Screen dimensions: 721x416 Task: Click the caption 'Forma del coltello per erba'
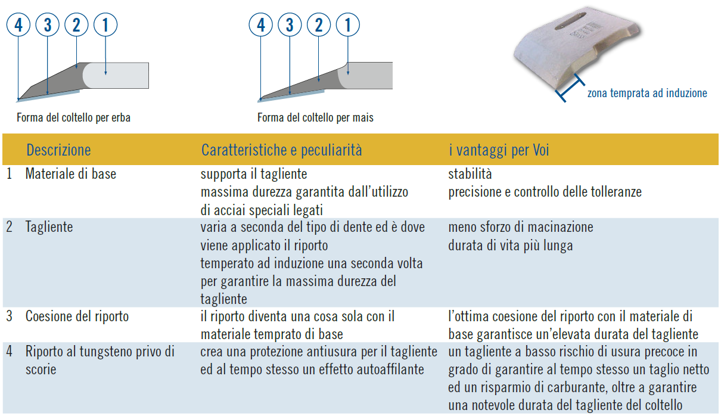pos(73,117)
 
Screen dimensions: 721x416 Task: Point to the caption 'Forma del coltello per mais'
pos(315,117)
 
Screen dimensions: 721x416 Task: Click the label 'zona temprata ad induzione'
pos(647,93)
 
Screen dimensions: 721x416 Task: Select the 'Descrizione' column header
pos(58,150)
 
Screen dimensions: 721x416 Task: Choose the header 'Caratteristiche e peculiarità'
pos(282,150)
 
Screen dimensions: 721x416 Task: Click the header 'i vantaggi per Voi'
pos(499,150)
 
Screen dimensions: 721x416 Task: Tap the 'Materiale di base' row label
pos(71,174)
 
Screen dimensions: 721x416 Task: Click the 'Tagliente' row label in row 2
pos(49,227)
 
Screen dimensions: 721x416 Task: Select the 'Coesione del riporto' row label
pos(77,316)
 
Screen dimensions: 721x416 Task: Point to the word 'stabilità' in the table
pos(470,174)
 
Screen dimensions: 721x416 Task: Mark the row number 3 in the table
pos(10,316)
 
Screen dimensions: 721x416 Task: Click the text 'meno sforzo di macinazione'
pos(521,227)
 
